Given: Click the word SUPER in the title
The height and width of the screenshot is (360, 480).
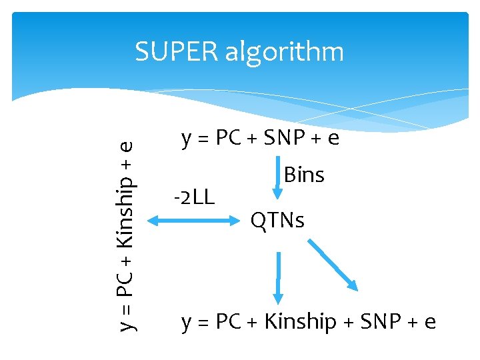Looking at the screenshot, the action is pos(176,51).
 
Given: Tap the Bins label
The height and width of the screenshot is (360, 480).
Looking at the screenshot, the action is pos(304,175).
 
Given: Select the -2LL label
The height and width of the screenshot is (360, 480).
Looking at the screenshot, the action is pos(194,197).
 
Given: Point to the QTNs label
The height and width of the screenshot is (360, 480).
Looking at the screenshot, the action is pos(277,219).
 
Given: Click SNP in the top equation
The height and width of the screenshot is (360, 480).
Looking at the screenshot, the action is pos(286,138).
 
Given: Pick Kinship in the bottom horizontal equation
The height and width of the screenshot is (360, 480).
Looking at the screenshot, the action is pos(300,322).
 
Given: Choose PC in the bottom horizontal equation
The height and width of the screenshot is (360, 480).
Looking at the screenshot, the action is pos(229,322).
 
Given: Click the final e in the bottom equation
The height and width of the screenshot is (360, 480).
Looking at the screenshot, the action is pos(431,323).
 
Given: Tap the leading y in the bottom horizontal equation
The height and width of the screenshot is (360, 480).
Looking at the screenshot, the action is pos(187,324).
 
